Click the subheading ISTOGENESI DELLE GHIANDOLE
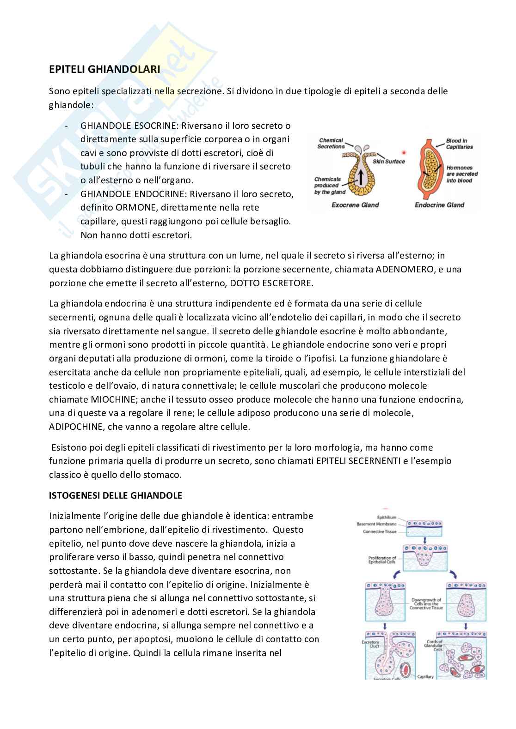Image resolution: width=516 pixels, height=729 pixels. coord(116,495)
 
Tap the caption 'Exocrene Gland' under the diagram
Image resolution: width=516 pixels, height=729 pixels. coord(355,205)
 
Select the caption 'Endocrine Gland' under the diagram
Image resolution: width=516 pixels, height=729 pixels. coord(439,205)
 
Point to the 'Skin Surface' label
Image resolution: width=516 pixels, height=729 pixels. coord(388,161)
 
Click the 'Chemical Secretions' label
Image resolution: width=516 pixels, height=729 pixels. coord(331,143)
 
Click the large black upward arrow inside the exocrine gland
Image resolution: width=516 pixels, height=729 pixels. coord(359,175)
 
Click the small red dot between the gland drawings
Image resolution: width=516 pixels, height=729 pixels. coord(404,152)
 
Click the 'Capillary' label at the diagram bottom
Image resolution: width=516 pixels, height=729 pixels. coord(425,677)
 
